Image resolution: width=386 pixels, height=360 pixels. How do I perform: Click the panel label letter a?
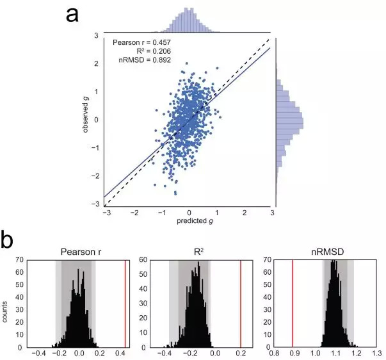click(x=72, y=14)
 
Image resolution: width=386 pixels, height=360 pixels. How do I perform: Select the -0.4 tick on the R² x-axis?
click(x=164, y=353)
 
